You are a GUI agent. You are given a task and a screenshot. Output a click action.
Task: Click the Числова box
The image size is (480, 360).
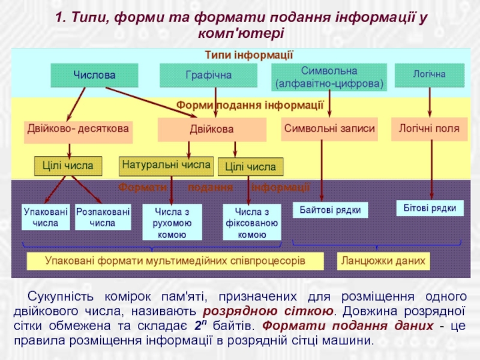(94, 76)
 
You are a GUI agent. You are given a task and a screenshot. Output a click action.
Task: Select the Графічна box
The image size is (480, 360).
(208, 76)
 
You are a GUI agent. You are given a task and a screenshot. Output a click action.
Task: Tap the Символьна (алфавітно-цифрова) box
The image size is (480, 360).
(329, 77)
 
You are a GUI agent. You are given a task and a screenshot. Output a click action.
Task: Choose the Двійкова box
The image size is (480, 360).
(212, 130)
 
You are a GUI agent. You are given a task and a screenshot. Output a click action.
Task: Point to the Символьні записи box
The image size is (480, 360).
(329, 129)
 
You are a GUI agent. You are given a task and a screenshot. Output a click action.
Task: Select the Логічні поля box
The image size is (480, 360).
(429, 129)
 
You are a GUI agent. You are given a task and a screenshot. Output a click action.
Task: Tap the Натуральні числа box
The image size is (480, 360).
(166, 164)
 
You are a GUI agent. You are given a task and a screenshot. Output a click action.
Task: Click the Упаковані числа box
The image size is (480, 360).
(46, 217)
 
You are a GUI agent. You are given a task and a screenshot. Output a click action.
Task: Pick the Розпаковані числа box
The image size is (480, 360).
(103, 217)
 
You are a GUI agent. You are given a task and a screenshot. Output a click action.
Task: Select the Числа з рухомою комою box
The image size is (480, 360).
(172, 223)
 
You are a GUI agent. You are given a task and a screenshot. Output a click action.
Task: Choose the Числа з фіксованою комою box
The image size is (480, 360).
(252, 223)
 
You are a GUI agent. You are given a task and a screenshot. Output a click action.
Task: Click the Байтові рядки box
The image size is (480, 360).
(330, 210)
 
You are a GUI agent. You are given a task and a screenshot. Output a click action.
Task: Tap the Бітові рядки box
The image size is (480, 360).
(430, 208)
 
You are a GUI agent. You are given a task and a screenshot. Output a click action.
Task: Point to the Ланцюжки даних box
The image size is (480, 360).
(383, 261)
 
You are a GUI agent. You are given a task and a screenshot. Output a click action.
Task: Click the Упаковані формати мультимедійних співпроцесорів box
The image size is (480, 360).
(175, 261)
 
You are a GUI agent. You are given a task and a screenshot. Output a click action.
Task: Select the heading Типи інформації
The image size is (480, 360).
(248, 55)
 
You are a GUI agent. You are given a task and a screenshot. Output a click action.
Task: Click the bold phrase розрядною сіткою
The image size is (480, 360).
(268, 311)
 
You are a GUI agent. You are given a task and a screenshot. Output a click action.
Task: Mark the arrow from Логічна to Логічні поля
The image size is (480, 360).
(430, 101)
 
